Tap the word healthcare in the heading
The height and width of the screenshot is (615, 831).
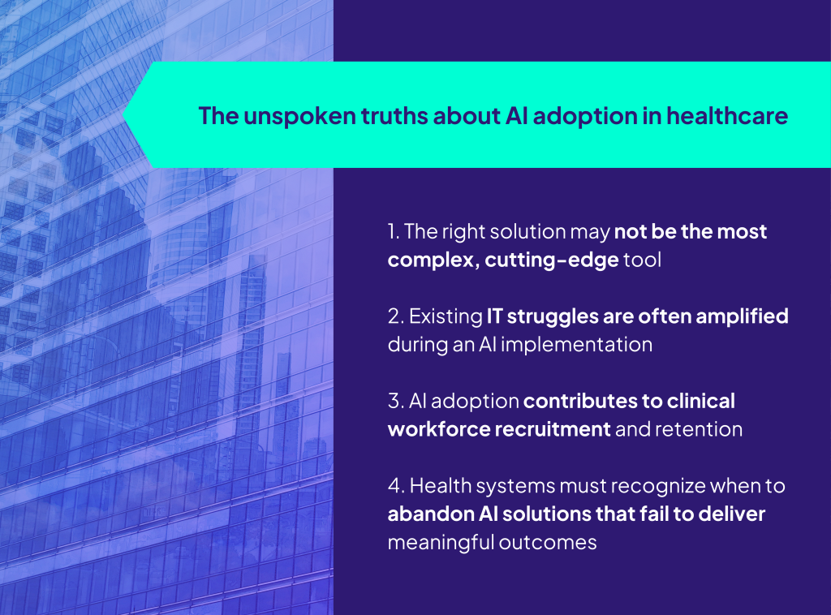click(727, 116)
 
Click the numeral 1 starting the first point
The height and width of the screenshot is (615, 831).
click(392, 231)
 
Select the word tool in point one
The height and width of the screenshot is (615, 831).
click(643, 260)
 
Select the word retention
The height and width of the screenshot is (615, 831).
click(699, 429)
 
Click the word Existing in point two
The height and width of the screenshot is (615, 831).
click(446, 317)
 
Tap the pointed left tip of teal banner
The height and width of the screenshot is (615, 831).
click(123, 114)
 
